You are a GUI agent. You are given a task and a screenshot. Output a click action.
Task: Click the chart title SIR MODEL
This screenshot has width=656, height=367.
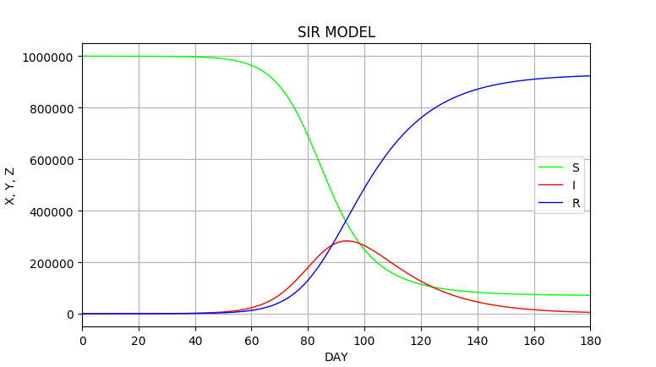click(x=336, y=32)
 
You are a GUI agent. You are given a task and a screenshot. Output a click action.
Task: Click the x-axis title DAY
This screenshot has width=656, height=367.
click(x=336, y=357)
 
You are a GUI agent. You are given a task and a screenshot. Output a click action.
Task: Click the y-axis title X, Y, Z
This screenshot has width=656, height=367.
click(x=10, y=185)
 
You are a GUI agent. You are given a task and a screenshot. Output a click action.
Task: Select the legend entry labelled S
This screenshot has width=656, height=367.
click(x=576, y=167)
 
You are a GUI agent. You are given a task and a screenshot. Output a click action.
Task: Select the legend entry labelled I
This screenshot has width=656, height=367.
click(x=573, y=185)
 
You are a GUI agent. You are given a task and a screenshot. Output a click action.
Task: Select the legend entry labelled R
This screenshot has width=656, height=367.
click(x=576, y=203)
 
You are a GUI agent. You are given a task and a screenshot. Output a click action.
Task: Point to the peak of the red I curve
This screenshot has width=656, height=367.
click(x=346, y=241)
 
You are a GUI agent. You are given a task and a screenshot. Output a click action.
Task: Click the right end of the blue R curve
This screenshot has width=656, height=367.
click(x=590, y=76)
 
